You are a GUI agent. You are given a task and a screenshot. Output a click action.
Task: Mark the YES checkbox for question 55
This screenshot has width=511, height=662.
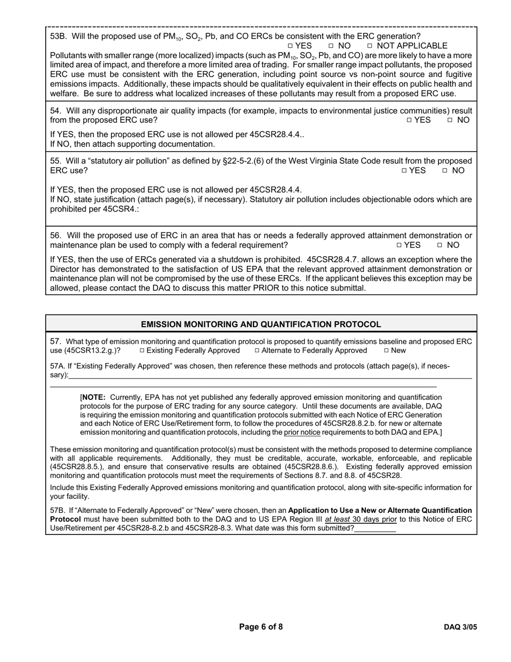[404, 171]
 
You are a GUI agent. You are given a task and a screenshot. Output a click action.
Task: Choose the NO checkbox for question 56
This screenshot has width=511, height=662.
[439, 245]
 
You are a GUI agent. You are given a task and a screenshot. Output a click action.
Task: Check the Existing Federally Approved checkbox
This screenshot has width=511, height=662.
[142, 351]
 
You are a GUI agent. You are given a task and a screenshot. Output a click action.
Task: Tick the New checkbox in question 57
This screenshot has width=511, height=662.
[386, 351]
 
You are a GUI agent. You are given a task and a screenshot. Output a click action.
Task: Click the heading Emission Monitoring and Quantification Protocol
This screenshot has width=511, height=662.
[261, 325]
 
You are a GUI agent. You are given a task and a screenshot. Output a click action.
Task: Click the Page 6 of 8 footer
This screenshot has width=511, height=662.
[261, 627]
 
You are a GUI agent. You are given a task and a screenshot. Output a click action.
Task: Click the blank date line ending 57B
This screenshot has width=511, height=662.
[375, 529]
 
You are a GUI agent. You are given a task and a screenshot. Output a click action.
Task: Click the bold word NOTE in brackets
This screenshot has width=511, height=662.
[93, 398]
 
